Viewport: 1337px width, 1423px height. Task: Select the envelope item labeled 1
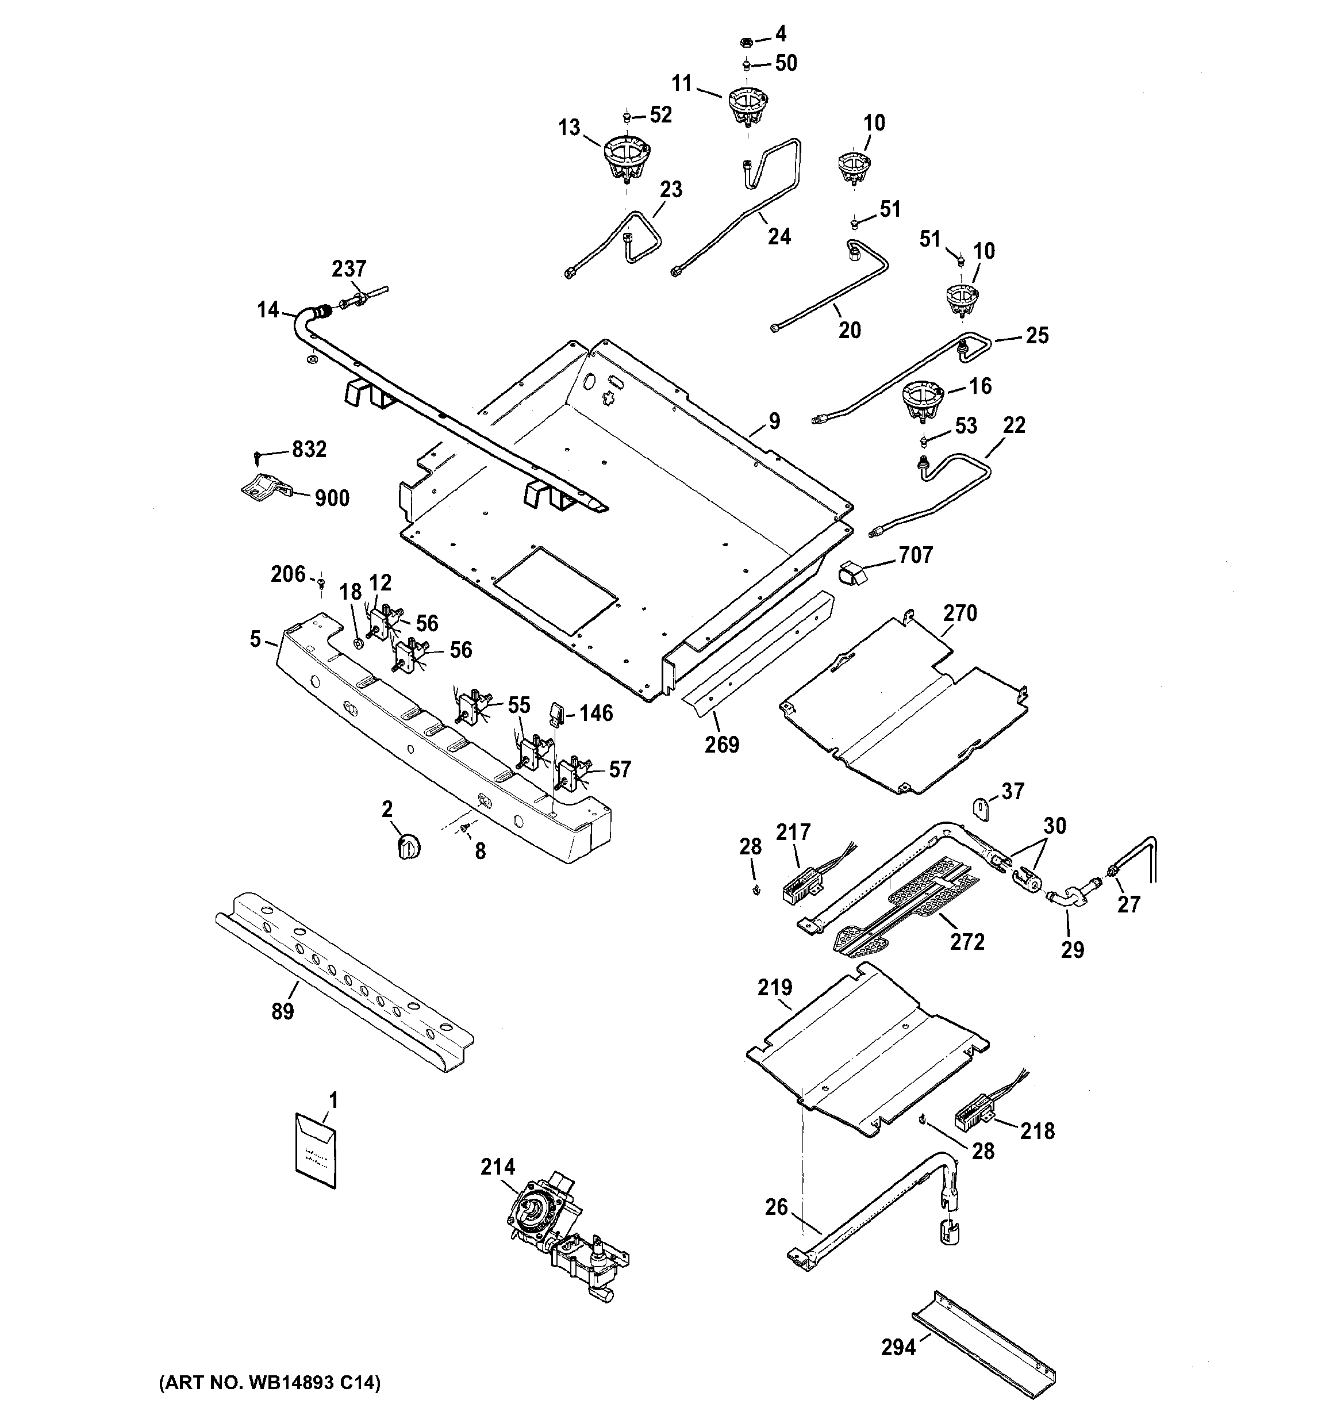click(x=316, y=1151)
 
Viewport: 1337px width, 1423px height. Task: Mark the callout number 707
click(x=916, y=555)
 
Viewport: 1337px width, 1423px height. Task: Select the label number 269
click(x=721, y=745)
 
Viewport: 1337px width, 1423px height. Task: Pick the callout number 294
click(x=898, y=1348)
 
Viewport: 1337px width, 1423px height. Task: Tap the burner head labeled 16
click(x=922, y=401)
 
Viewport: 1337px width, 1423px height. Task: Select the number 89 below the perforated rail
click(x=283, y=1011)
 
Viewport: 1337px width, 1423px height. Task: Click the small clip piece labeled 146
click(x=557, y=712)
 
